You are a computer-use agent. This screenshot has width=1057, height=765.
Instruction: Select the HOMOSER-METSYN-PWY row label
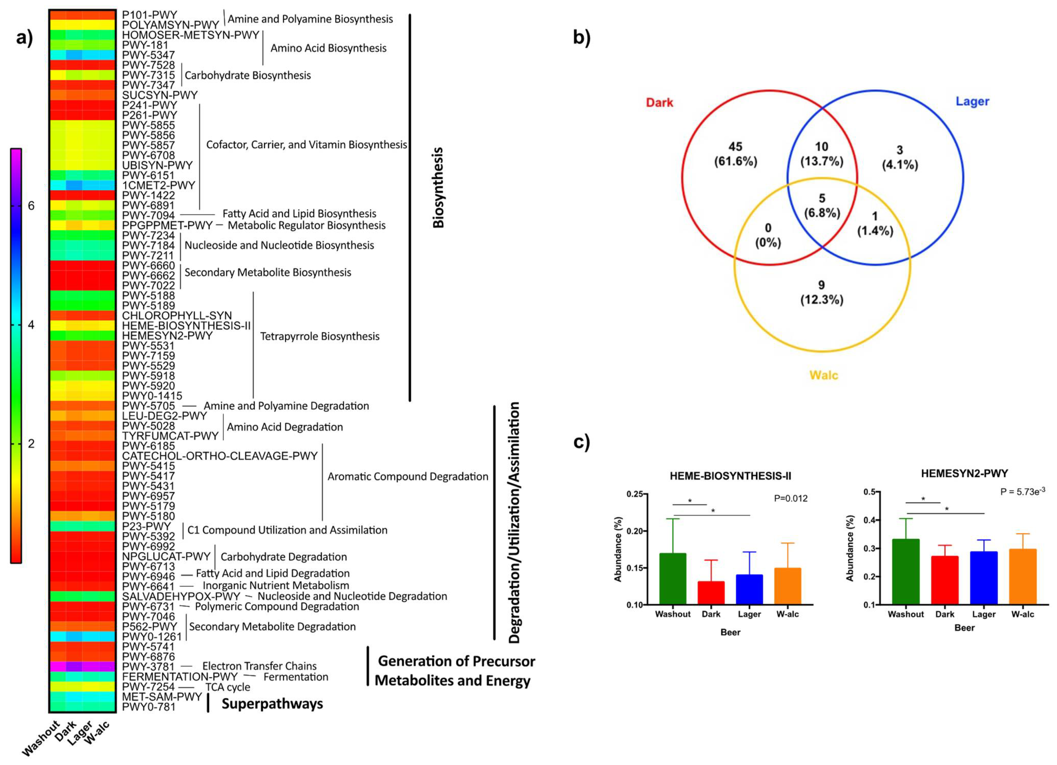190,35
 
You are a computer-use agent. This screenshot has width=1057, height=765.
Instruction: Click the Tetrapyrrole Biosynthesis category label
320,336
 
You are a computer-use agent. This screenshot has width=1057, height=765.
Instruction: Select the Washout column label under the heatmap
41,738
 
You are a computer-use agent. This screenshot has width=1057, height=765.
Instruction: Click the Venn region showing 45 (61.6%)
735,154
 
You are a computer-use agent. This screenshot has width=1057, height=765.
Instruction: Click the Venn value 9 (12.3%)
822,292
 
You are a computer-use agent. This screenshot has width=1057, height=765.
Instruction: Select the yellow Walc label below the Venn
824,375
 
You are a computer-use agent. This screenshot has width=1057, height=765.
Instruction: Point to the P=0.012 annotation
791,498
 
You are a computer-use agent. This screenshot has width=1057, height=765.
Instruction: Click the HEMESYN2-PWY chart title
964,473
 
